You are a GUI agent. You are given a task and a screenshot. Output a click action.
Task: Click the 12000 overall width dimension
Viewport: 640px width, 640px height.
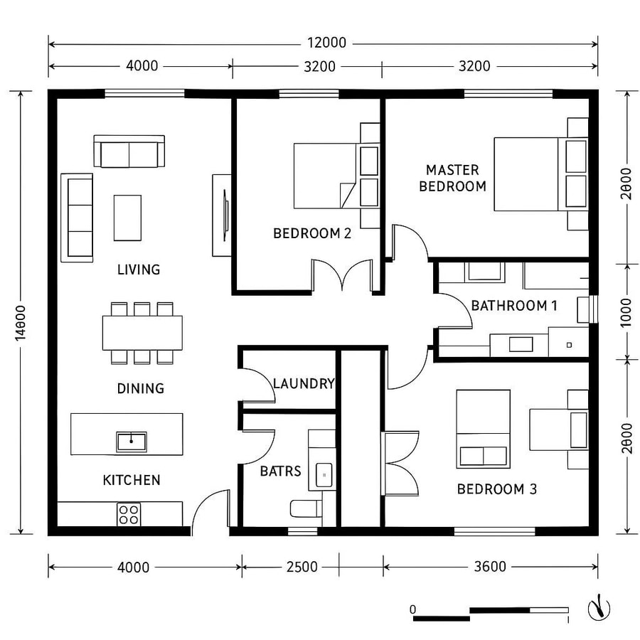(x=328, y=43)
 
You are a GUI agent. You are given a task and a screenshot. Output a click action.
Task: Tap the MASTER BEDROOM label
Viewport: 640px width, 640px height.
(x=452, y=178)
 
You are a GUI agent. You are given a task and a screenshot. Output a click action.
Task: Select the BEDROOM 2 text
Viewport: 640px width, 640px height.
(x=312, y=233)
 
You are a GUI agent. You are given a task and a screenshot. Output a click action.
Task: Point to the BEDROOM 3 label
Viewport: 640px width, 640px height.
(x=496, y=489)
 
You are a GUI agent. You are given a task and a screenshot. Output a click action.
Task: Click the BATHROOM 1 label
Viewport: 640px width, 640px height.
(x=514, y=306)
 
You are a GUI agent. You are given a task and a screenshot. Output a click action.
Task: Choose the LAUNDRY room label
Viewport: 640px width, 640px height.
(x=303, y=384)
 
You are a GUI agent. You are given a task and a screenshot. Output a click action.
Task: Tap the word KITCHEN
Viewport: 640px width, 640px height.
(x=132, y=480)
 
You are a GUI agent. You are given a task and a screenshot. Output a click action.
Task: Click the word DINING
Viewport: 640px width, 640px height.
(x=140, y=388)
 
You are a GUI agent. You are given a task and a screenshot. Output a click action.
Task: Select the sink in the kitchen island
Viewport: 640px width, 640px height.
(x=132, y=442)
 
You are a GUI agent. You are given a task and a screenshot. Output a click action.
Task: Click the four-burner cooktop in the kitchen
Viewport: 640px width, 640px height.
(x=129, y=514)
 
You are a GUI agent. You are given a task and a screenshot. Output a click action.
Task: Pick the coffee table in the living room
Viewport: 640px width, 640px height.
(x=127, y=218)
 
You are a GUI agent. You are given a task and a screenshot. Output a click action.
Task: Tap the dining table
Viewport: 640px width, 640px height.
(x=142, y=333)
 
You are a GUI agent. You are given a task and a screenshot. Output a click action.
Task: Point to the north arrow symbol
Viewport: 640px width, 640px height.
(x=599, y=608)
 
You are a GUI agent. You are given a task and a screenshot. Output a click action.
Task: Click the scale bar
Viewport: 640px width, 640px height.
(x=491, y=614)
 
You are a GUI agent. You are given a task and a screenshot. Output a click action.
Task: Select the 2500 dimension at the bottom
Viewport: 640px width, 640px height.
(x=303, y=567)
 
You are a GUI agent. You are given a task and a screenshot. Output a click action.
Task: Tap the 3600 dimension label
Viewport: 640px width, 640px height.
(x=489, y=567)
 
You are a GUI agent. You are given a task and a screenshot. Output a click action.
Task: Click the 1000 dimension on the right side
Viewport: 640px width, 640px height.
(x=626, y=311)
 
